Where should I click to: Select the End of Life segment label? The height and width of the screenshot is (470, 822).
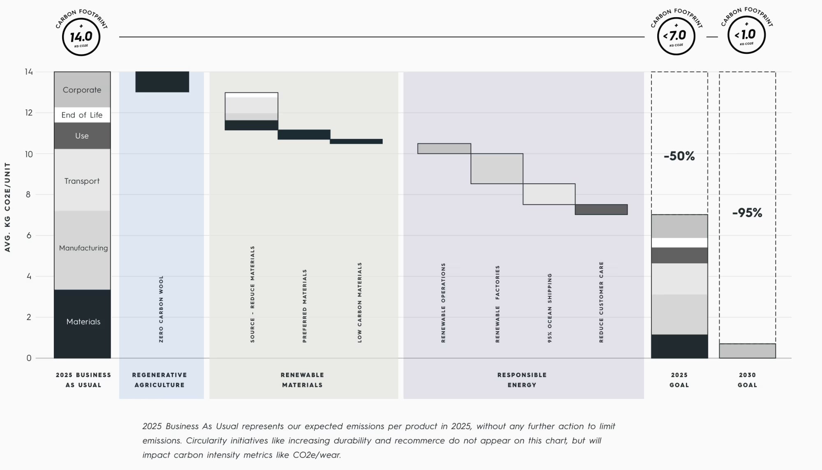(x=82, y=115)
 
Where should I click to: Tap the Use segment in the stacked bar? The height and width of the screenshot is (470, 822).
(x=82, y=136)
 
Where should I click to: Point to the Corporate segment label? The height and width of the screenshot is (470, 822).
(x=82, y=90)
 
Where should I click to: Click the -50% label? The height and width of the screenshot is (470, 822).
(x=679, y=156)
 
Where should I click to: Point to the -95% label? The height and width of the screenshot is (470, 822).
(x=747, y=213)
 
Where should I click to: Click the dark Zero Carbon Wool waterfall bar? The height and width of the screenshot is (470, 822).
(x=162, y=82)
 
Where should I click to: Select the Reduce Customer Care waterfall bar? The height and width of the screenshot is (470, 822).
(x=601, y=210)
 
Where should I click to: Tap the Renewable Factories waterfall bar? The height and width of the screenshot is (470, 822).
(x=496, y=168)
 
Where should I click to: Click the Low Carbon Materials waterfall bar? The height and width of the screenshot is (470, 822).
(x=356, y=141)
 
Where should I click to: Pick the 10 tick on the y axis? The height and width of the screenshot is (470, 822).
(x=28, y=154)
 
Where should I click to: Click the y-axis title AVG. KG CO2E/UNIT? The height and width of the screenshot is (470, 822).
(x=7, y=207)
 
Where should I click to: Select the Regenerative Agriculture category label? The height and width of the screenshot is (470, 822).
(x=159, y=380)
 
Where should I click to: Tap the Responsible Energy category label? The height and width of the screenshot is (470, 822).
(x=522, y=380)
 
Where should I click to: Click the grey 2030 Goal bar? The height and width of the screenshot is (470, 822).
(x=747, y=351)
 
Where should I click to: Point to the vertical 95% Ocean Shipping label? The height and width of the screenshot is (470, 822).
(x=550, y=308)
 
